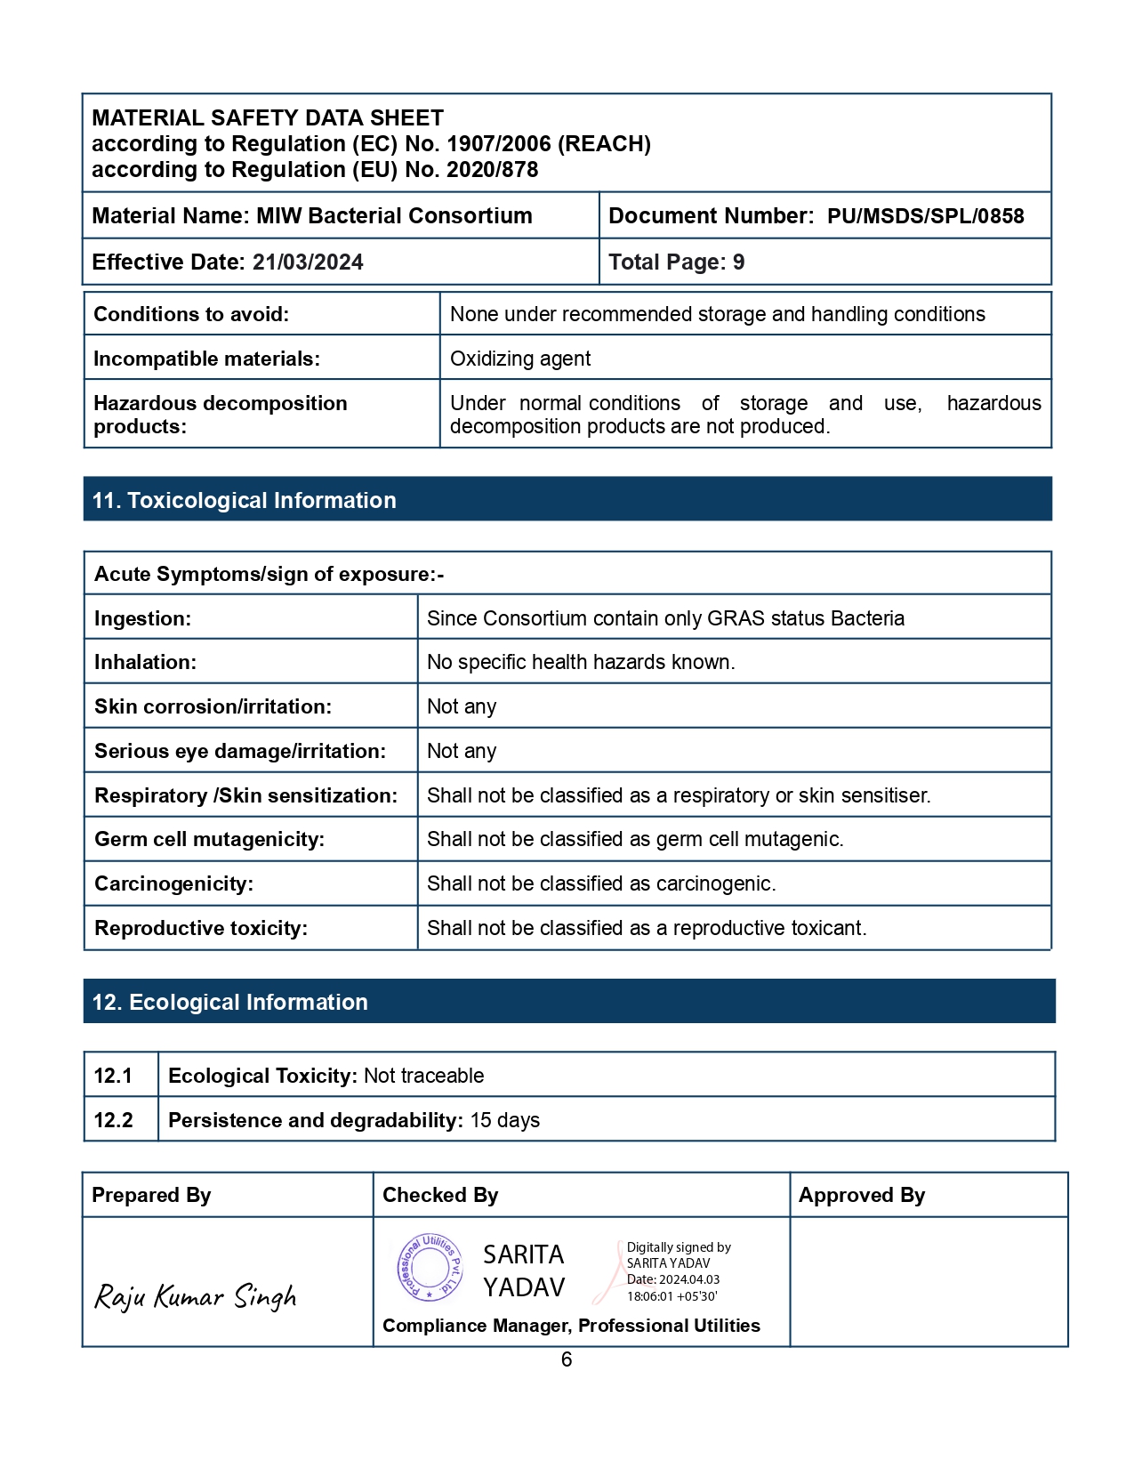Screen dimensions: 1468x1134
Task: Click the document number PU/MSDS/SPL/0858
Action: (x=925, y=216)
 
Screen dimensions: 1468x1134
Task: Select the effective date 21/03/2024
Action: (x=308, y=262)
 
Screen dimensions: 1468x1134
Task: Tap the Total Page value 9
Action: (x=738, y=262)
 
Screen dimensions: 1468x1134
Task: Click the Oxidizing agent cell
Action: (x=520, y=359)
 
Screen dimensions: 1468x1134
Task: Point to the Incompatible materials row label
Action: (x=206, y=359)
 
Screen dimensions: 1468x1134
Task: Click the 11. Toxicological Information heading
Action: (x=245, y=500)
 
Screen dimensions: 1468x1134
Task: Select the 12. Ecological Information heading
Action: (x=230, y=1002)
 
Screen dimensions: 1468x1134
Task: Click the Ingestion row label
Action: (x=142, y=618)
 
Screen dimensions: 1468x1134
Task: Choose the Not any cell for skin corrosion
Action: (x=462, y=706)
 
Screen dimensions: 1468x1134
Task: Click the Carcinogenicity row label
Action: (x=173, y=883)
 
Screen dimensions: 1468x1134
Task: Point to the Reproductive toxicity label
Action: (x=201, y=928)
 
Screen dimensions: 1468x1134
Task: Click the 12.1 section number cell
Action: (x=113, y=1076)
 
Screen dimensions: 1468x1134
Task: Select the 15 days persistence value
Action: (x=505, y=1120)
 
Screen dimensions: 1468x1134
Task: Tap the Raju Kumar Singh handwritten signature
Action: (x=196, y=1296)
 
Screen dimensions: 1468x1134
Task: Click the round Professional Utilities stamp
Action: (x=430, y=1267)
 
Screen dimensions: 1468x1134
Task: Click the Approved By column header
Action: (x=862, y=1195)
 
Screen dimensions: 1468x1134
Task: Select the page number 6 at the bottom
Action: (x=567, y=1359)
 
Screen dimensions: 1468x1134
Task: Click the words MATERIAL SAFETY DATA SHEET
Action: (x=268, y=118)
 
